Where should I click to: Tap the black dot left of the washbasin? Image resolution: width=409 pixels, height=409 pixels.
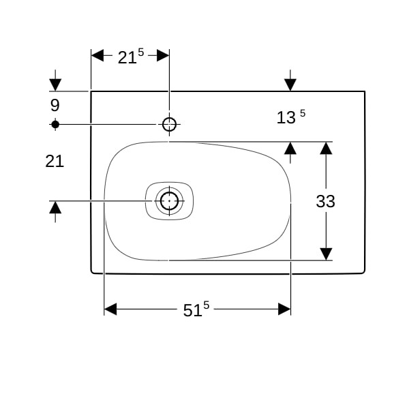coord(55,125)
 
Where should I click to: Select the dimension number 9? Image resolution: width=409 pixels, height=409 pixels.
coord(55,106)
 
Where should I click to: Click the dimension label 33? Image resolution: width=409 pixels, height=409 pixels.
coord(326,201)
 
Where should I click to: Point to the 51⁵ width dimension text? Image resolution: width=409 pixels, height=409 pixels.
coord(196,309)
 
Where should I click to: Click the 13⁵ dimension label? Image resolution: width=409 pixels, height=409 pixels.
coord(290,117)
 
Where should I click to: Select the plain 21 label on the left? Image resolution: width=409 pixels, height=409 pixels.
coord(55,162)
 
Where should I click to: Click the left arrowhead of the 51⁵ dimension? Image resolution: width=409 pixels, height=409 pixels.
coord(110,309)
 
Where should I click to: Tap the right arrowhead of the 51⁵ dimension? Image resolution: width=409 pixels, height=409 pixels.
coord(284,309)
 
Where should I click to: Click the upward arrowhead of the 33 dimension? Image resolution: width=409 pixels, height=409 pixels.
coord(326,148)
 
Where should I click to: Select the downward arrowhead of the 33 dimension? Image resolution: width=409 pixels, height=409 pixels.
coord(326,254)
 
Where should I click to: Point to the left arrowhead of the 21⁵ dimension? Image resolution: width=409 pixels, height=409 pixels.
coord(97,56)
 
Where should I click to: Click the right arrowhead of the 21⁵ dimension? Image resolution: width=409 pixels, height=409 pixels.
coord(163,56)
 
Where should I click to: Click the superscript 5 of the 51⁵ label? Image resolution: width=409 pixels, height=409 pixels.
coord(207,305)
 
